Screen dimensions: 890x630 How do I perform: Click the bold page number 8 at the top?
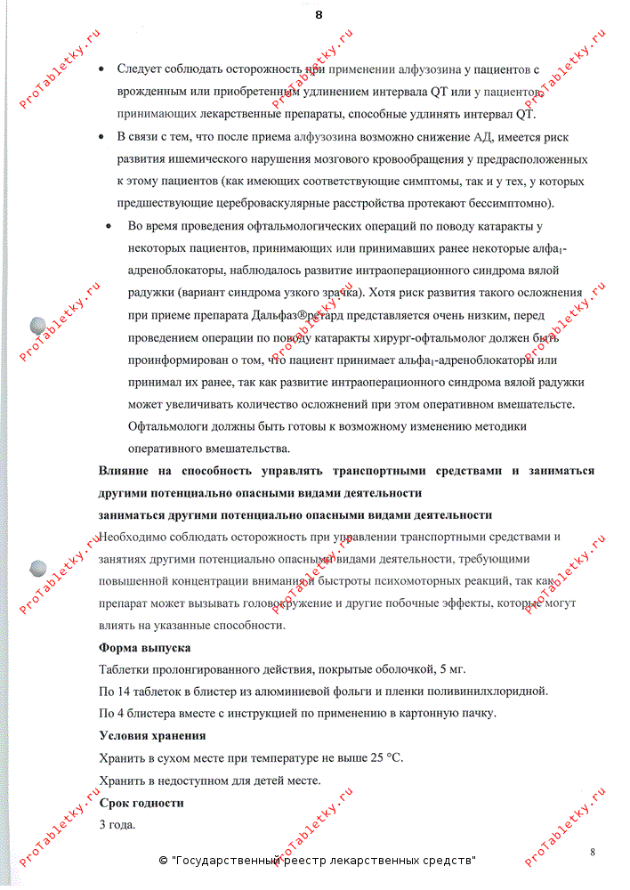point(319,14)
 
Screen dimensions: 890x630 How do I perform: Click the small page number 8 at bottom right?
point(592,852)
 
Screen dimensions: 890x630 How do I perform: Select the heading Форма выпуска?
point(144,648)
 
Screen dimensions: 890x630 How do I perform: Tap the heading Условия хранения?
point(152,736)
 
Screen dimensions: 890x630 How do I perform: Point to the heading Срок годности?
point(141,803)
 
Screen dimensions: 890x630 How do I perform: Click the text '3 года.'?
point(117,825)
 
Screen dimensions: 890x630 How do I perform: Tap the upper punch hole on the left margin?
point(39,326)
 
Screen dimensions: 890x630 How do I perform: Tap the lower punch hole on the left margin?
point(39,567)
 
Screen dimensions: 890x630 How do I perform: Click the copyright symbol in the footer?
point(163,862)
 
